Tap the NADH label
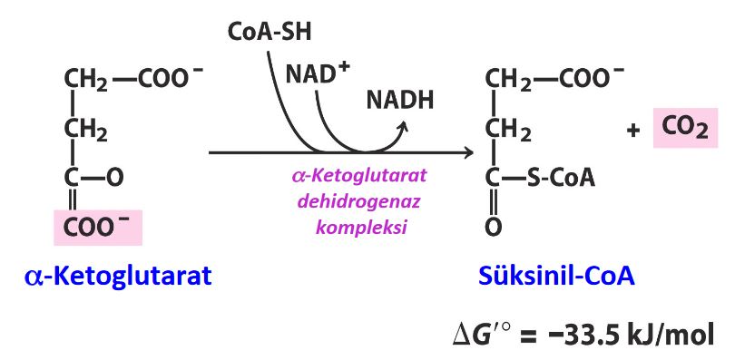tap(400, 99)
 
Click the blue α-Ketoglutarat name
tap(118, 277)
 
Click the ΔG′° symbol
tap(490, 333)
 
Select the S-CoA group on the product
tap(561, 178)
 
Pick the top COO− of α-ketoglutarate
tap(162, 81)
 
